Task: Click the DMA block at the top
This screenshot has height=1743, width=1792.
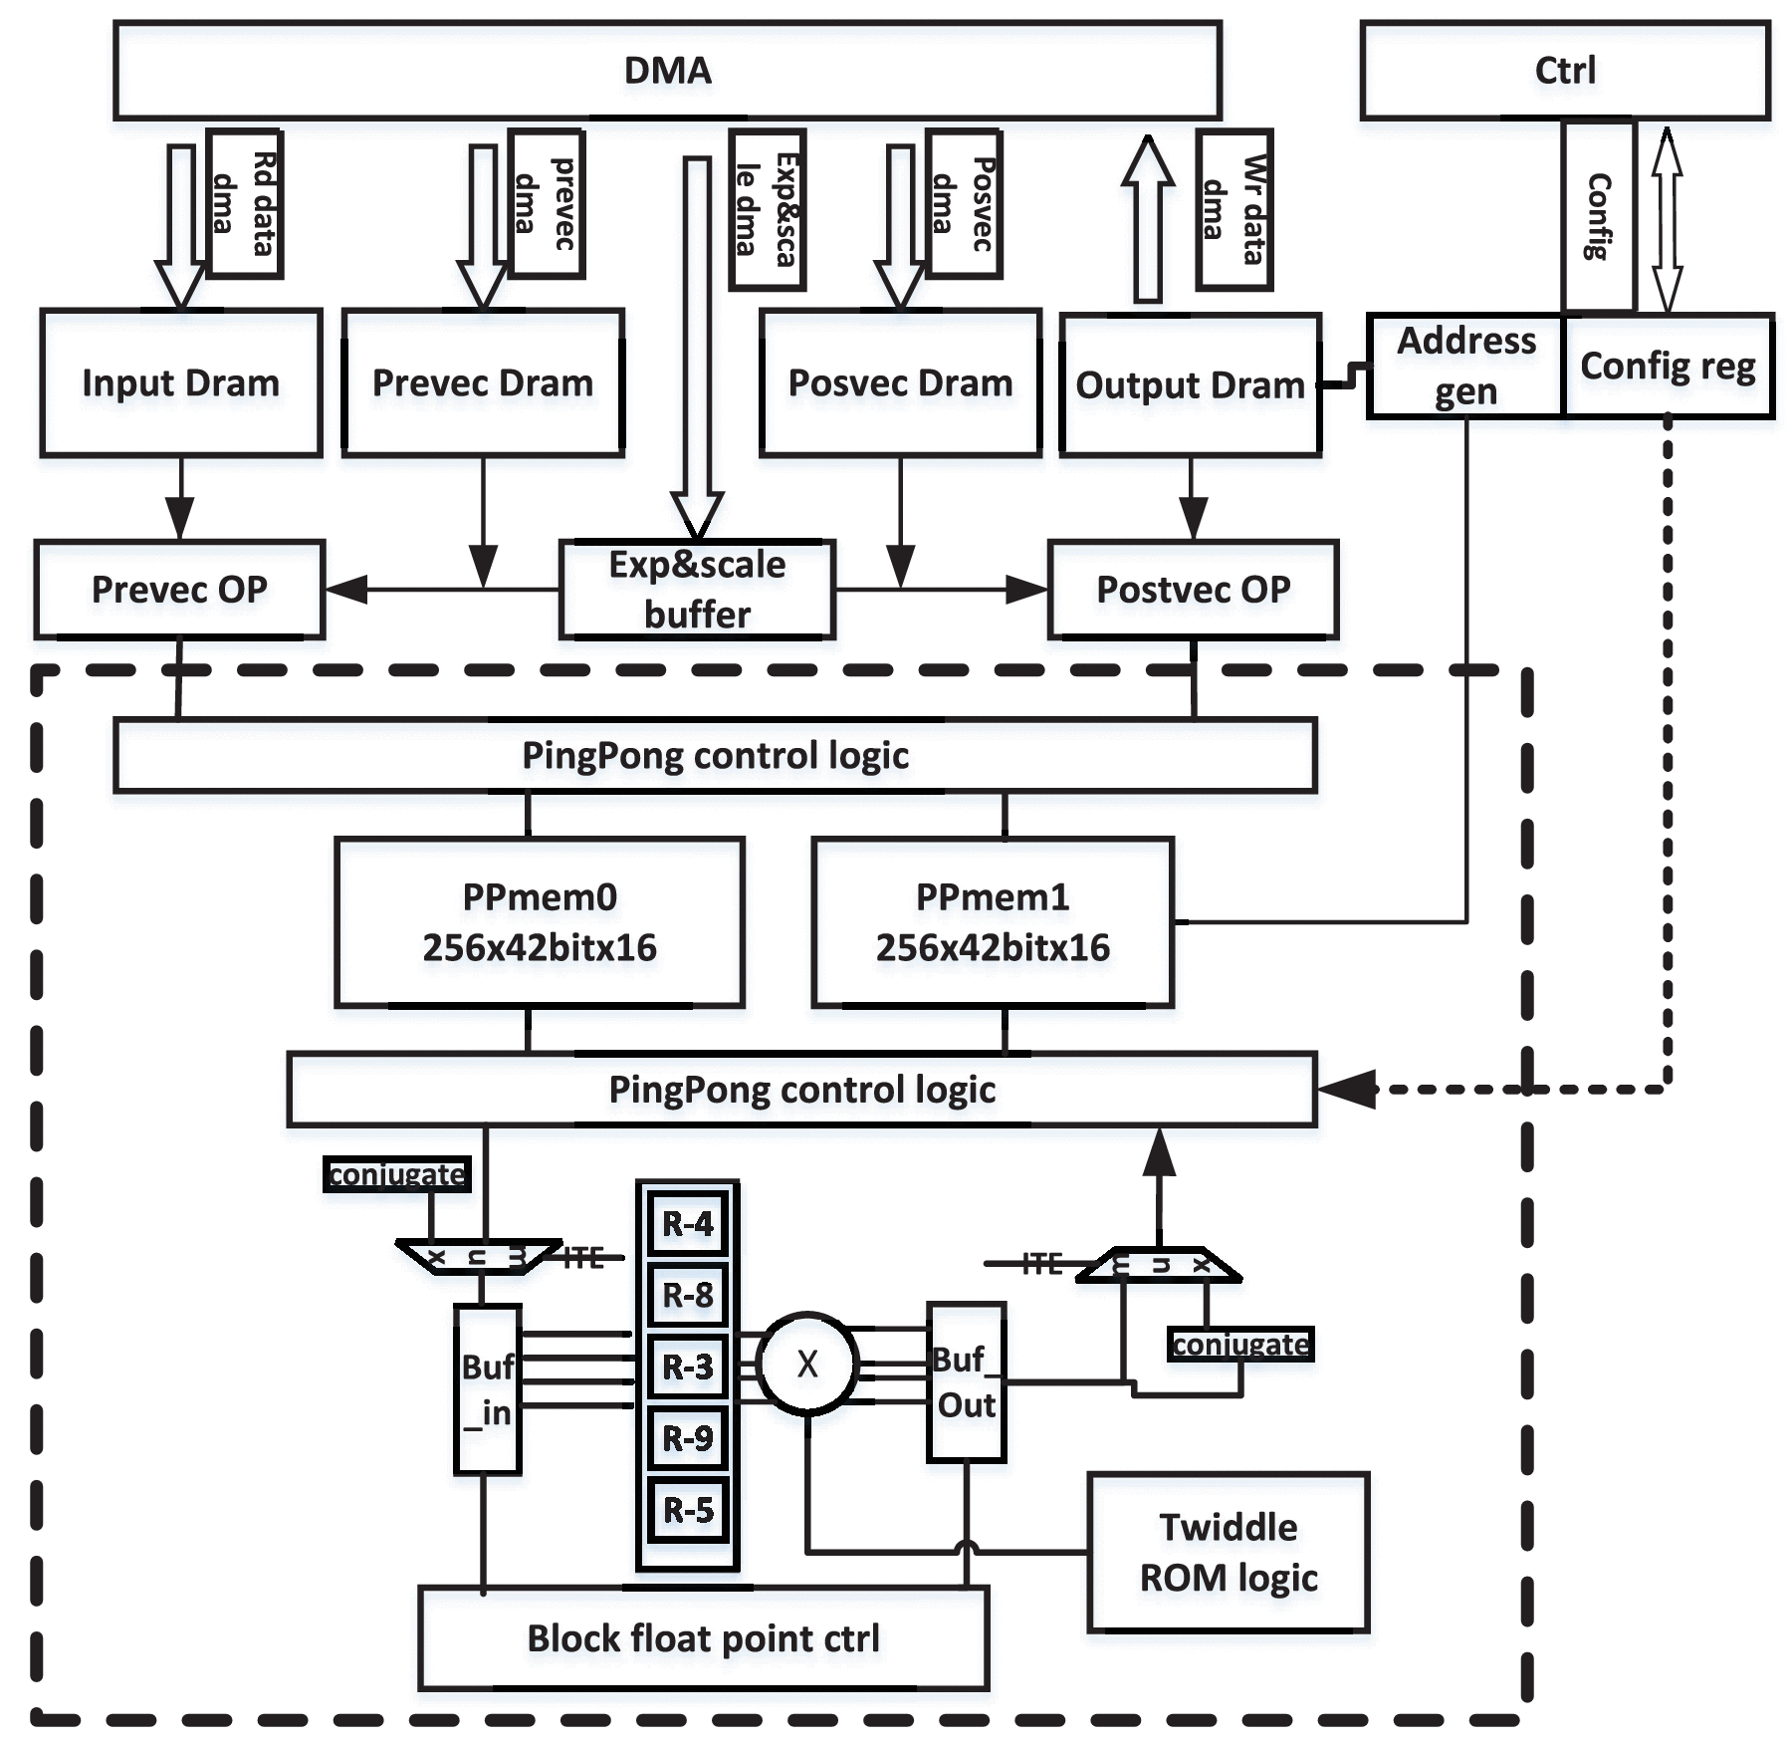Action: coord(667,71)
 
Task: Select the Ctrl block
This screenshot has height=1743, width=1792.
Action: coord(1565,71)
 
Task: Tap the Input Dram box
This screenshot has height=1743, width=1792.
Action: coord(181,383)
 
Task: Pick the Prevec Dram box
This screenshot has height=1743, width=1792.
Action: coord(483,383)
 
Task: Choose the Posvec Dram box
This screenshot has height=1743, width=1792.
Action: coord(900,383)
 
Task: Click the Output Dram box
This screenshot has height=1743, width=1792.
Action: coord(1191,385)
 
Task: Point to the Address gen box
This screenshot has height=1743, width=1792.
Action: coord(1465,366)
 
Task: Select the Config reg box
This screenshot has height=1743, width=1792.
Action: coord(1669,366)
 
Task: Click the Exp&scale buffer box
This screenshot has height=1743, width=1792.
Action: coord(697,590)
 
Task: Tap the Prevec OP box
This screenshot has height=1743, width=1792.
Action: coord(180,590)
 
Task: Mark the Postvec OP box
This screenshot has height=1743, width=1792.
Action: coord(1193,590)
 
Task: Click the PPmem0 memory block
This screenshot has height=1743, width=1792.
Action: coord(540,922)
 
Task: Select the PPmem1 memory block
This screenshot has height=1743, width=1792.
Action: coord(993,922)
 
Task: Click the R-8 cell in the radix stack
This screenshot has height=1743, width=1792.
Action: coord(688,1295)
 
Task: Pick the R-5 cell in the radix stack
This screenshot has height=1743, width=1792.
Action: coord(688,1510)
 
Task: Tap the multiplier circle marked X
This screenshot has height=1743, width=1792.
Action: coord(807,1364)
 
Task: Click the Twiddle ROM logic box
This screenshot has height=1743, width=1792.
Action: coord(1229,1552)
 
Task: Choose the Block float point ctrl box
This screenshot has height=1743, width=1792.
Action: coord(703,1638)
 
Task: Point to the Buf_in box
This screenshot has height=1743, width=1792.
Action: coord(487,1388)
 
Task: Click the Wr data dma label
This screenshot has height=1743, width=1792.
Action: coord(1234,209)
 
